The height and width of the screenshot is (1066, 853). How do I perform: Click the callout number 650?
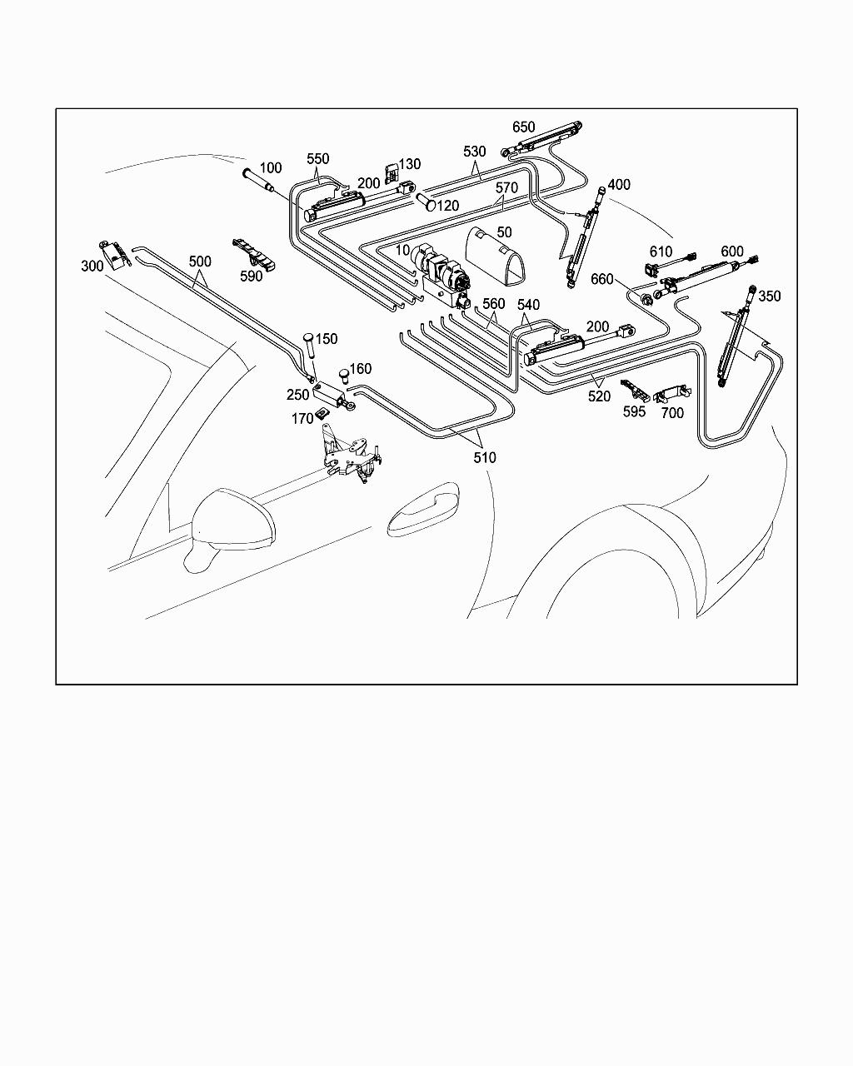pyautogui.click(x=524, y=127)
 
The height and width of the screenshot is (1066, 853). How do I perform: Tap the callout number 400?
pyautogui.click(x=619, y=185)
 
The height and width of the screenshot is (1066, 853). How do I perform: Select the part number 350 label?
pyautogui.click(x=770, y=296)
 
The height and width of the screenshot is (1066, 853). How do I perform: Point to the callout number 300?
pyautogui.click(x=92, y=266)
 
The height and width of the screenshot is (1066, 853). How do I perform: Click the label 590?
pyautogui.click(x=251, y=276)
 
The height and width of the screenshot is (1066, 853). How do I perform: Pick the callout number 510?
pyautogui.click(x=484, y=457)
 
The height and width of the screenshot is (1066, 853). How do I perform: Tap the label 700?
pyautogui.click(x=672, y=412)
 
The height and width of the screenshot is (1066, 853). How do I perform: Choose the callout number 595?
pyautogui.click(x=634, y=411)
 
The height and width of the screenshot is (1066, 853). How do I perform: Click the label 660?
pyautogui.click(x=603, y=278)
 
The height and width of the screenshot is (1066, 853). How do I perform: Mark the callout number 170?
pyautogui.click(x=302, y=419)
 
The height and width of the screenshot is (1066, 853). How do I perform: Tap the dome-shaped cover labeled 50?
pyautogui.click(x=497, y=255)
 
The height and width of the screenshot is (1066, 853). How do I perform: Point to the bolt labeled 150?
pyautogui.click(x=309, y=344)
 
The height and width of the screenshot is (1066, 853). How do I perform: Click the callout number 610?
pyautogui.click(x=661, y=252)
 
